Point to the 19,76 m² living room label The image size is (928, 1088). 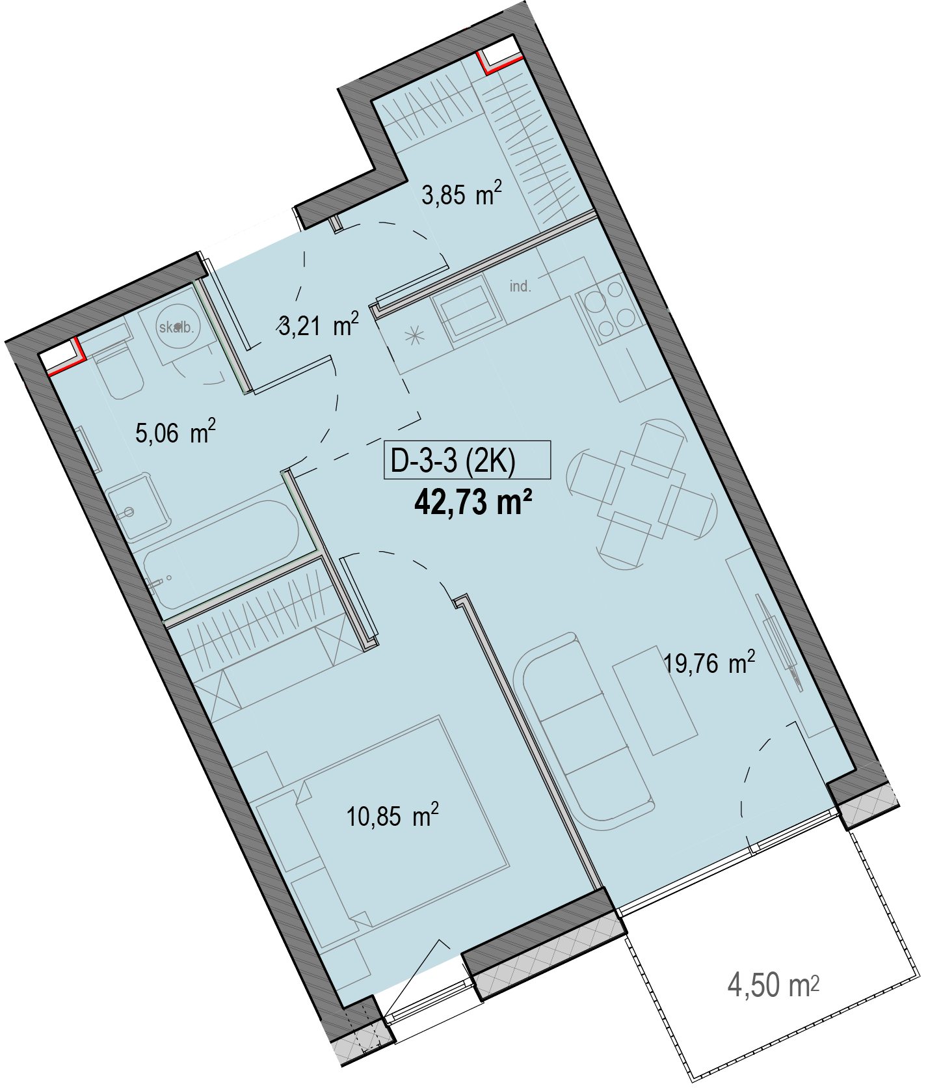pyautogui.click(x=709, y=663)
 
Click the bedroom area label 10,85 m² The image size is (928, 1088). pyautogui.click(x=393, y=815)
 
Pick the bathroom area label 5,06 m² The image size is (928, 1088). pyautogui.click(x=175, y=432)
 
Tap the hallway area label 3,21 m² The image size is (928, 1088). pyautogui.click(x=319, y=324)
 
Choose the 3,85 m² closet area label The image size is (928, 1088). pyautogui.click(x=462, y=194)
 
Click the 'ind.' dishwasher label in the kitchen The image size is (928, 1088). pyautogui.click(x=520, y=286)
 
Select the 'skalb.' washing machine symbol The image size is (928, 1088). pyautogui.click(x=177, y=327)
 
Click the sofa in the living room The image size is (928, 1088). pyautogui.click(x=582, y=731)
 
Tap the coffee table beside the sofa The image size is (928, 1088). pyautogui.click(x=656, y=701)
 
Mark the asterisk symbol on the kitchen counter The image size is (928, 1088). pyautogui.click(x=414, y=337)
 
